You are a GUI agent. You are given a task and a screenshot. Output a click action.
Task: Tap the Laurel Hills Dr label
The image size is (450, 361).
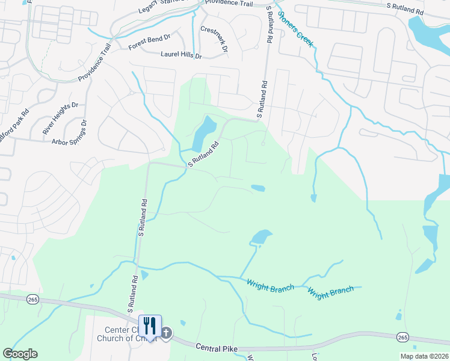[x=181, y=55]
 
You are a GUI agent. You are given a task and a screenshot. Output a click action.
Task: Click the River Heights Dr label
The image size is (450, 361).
[x=61, y=119]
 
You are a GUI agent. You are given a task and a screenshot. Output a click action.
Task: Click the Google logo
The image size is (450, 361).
[x=20, y=354]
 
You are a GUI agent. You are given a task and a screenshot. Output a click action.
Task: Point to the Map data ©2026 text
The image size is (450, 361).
[x=424, y=356]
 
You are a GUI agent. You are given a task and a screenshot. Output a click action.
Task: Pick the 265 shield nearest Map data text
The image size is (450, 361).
[x=402, y=338]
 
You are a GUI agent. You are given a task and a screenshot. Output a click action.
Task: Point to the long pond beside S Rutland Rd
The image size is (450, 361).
[x=203, y=134]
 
